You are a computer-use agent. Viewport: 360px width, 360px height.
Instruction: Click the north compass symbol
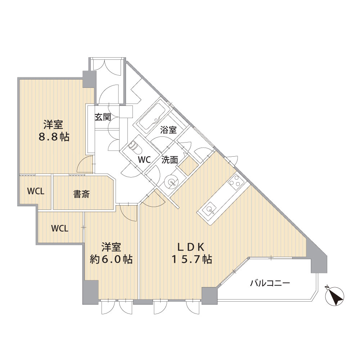335,296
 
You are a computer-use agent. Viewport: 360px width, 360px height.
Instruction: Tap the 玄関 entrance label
103,117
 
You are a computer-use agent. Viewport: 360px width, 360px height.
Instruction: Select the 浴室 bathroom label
168,130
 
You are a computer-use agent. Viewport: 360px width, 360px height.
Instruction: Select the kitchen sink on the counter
210,209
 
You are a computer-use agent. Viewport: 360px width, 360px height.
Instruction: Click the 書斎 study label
81,194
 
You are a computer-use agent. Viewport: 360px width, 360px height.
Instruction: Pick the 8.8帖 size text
54,137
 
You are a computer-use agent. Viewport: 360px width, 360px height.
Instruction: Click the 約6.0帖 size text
111,259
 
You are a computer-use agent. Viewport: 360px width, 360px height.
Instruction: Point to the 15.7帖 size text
192,259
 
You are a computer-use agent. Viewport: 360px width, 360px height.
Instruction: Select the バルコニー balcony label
270,283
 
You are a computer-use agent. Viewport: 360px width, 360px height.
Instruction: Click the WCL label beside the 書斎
36,191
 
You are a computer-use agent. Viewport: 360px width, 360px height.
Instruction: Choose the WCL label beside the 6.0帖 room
60,229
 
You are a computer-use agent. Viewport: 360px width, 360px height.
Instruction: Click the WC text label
144,159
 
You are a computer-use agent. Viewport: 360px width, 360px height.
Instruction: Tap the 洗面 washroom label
170,160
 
